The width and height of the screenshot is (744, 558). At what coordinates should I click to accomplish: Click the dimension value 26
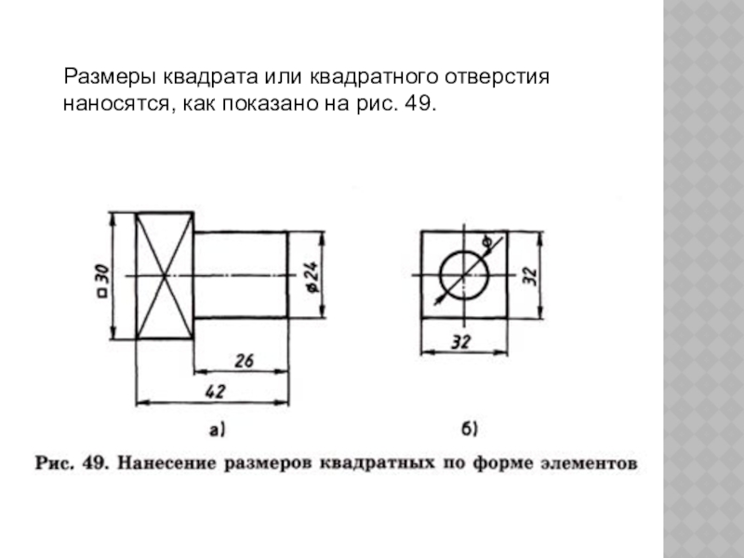pyautogui.click(x=244, y=359)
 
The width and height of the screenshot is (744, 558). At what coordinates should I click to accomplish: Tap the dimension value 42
pyautogui.click(x=215, y=392)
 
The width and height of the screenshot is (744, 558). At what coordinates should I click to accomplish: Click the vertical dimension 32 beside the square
pyautogui.click(x=529, y=276)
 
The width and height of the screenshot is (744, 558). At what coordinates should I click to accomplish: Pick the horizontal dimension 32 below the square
pyautogui.click(x=461, y=341)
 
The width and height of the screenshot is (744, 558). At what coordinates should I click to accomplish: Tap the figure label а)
pyautogui.click(x=217, y=429)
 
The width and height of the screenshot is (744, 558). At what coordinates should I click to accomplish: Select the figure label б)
pyautogui.click(x=470, y=429)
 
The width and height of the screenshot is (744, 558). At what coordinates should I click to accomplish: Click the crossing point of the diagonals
pyautogui.click(x=165, y=276)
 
